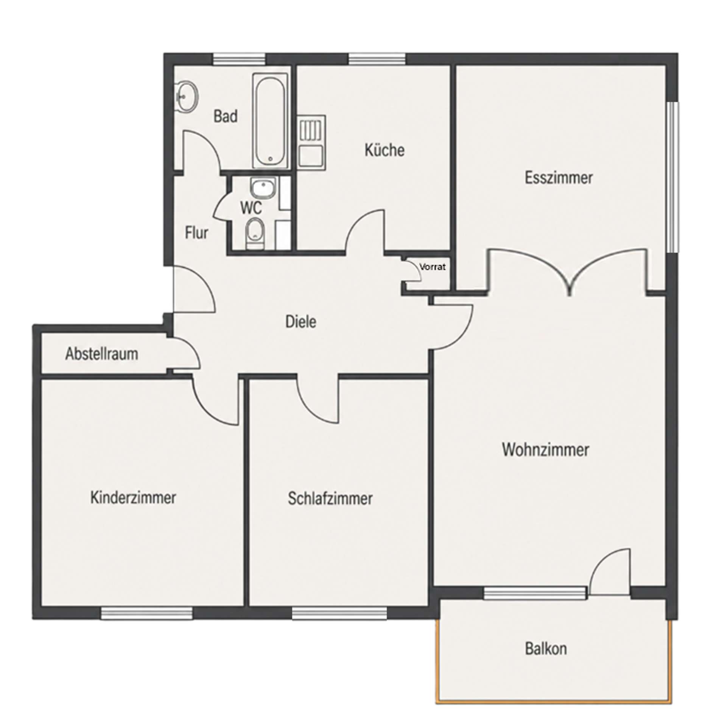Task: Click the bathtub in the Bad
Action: tap(270, 120)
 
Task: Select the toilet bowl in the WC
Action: tap(255, 234)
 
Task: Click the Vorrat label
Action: tap(433, 267)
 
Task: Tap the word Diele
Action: tap(300, 321)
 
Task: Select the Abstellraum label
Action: tap(101, 354)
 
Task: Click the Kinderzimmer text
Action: tap(133, 497)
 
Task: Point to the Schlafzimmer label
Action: tap(330, 498)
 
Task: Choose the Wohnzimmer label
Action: tap(545, 450)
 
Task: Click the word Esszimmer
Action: tap(558, 178)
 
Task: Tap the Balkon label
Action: tap(546, 649)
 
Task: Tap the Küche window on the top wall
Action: tap(377, 59)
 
